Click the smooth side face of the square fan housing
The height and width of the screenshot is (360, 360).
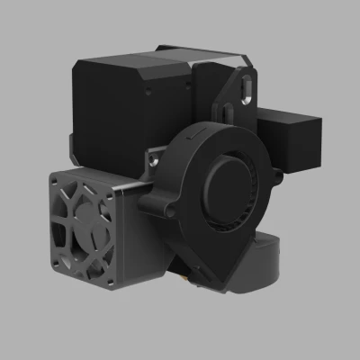(x=126, y=234)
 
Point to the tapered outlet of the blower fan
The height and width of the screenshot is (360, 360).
(x=216, y=270)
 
